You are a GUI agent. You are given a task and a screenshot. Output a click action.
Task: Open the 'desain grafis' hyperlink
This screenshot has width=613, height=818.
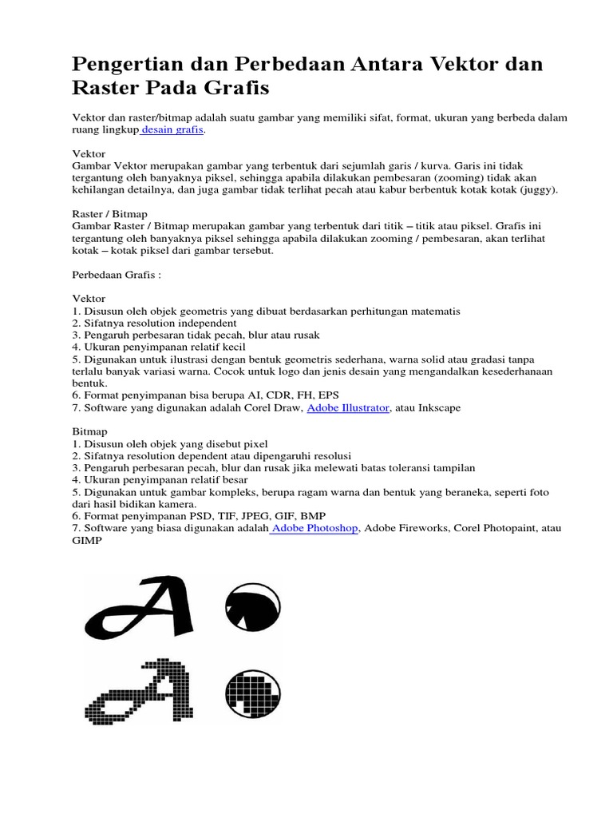[x=173, y=129]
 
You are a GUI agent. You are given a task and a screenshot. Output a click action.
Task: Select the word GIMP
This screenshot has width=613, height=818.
[x=88, y=540]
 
